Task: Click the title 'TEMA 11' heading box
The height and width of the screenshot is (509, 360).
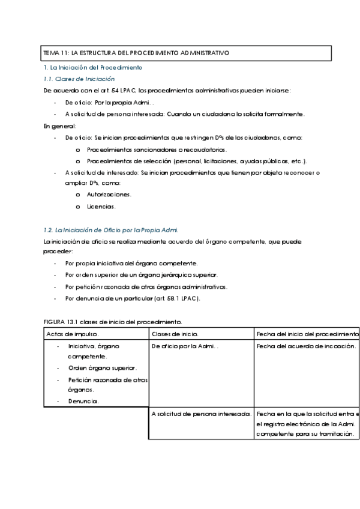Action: (x=186, y=53)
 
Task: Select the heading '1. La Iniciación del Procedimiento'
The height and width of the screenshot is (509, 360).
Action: (x=94, y=68)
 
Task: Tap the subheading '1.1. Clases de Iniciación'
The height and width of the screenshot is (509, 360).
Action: (x=80, y=79)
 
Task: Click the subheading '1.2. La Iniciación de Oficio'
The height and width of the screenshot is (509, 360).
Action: (x=111, y=230)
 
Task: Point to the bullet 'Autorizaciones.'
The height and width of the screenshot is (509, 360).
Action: (x=109, y=194)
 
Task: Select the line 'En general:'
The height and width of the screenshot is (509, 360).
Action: (x=60, y=126)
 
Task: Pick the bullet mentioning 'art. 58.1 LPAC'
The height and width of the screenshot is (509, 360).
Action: (x=133, y=298)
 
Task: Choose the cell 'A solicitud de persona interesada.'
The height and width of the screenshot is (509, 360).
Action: (x=201, y=414)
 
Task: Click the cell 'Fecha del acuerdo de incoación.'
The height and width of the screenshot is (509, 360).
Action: (x=306, y=346)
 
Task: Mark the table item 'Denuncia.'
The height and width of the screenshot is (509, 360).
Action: (x=83, y=400)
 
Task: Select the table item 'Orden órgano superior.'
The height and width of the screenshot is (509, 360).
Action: (x=102, y=367)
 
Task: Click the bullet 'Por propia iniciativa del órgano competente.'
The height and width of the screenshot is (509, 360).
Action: (x=131, y=264)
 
